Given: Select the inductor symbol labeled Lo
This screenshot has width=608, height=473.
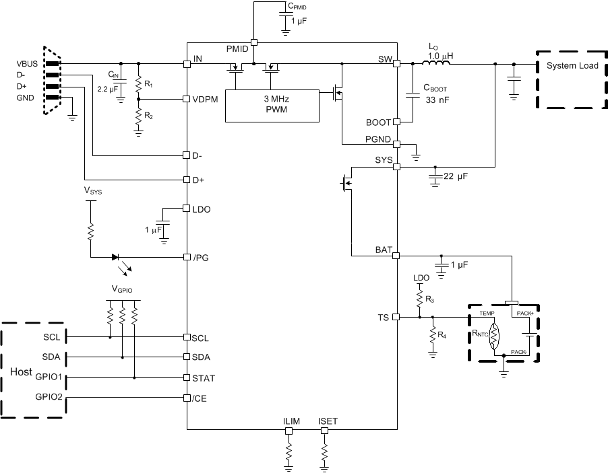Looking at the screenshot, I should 436,64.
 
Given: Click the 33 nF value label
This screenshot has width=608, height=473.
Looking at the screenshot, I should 436,100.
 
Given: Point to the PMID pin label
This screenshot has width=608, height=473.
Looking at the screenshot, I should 237,49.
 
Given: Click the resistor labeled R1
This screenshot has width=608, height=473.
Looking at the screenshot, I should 138,84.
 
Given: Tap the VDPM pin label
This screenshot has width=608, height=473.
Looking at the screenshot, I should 206,98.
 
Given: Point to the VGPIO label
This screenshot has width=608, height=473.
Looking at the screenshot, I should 123,289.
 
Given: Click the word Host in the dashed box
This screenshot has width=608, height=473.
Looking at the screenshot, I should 20,372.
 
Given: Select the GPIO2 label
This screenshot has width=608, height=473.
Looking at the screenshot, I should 49,397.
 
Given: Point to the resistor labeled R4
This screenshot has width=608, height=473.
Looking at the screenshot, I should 432,334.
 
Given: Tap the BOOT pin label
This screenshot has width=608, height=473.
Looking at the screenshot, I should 378,122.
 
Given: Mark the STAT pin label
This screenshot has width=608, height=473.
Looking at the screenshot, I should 203,378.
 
